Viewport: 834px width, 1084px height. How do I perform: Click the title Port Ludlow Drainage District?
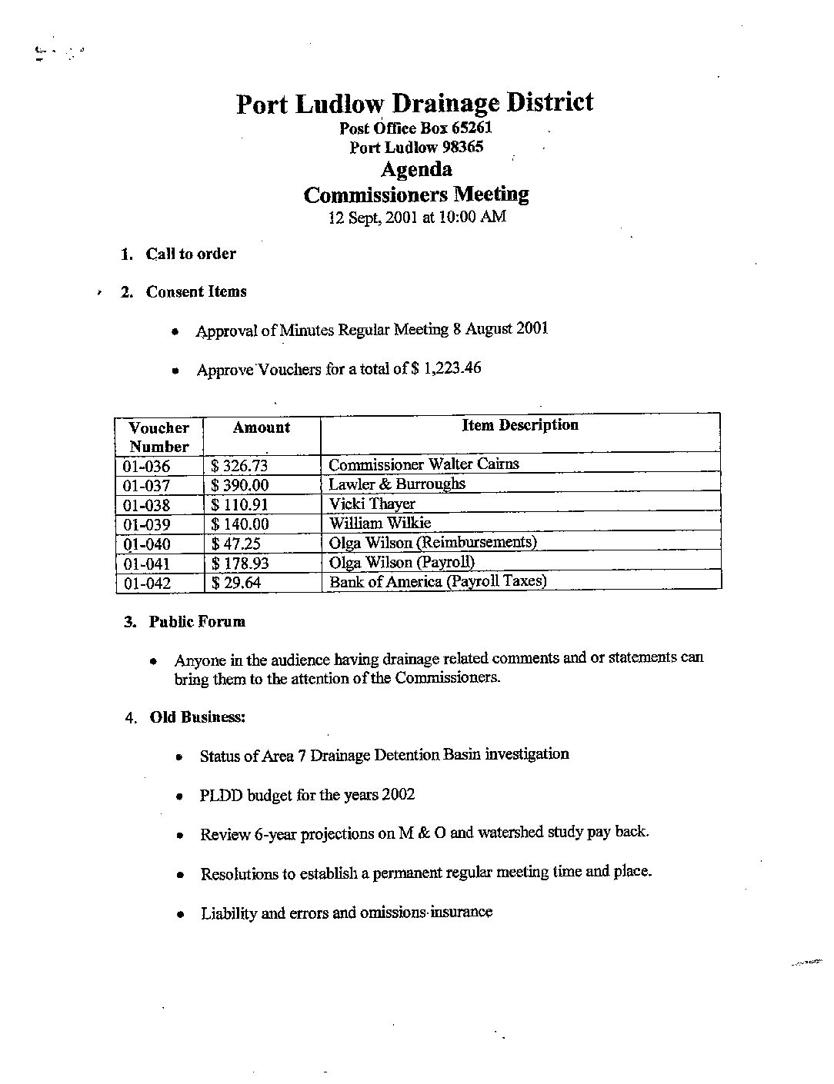(x=415, y=103)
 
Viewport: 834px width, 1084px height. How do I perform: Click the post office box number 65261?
(x=471, y=128)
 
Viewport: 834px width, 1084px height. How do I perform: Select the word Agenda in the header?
(x=416, y=169)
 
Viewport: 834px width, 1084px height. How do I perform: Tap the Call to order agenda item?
(x=191, y=254)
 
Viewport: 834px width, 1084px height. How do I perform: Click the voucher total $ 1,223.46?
(x=446, y=368)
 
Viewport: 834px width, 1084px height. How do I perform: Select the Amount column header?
(x=262, y=428)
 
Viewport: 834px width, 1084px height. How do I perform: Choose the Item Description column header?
(x=520, y=425)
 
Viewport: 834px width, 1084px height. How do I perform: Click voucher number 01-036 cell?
(x=146, y=467)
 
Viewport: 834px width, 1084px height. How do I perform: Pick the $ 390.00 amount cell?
(x=241, y=486)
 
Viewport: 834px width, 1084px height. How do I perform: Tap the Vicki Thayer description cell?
(x=372, y=504)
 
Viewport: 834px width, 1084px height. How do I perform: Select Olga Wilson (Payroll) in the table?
(x=402, y=562)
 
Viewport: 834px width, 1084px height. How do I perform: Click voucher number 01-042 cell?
(x=146, y=584)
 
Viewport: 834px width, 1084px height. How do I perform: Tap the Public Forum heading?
(x=197, y=621)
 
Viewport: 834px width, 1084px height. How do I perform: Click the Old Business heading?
(x=197, y=717)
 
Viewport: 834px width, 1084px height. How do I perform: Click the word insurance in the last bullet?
(x=462, y=913)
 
